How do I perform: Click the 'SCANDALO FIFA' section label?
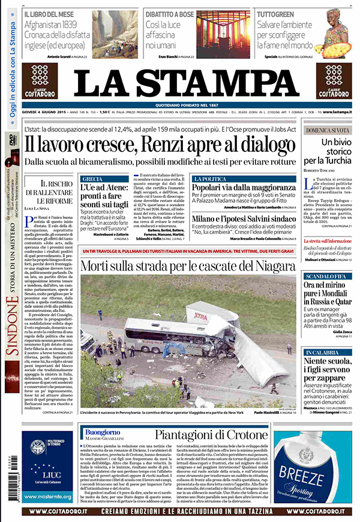click(326, 259)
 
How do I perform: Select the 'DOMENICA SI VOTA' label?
click(327, 130)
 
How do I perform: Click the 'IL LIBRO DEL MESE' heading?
click(49, 13)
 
